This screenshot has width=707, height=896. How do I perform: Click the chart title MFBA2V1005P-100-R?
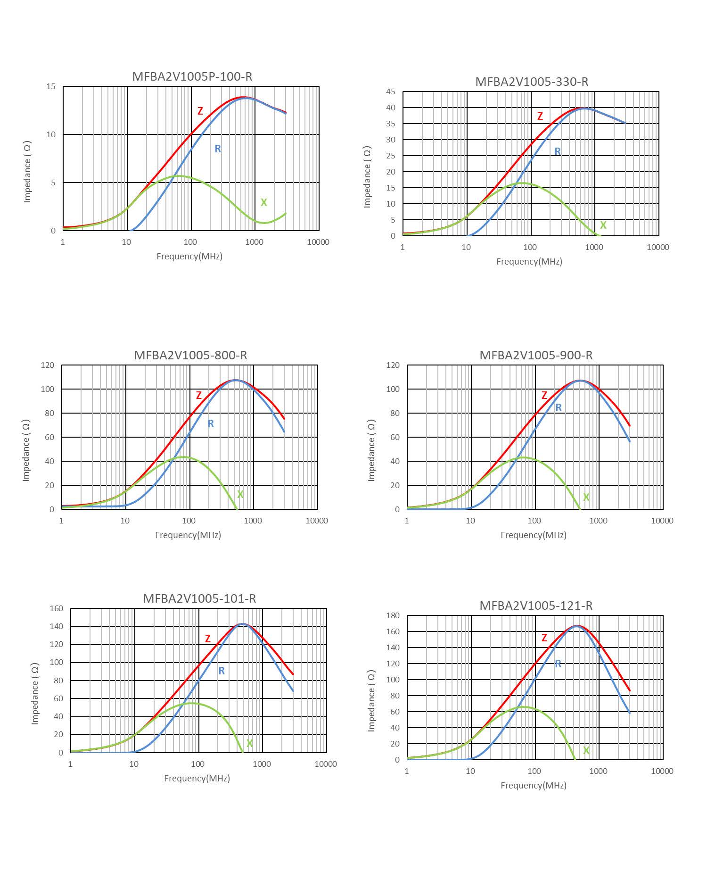(x=192, y=76)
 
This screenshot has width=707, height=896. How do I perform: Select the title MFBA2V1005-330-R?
(x=532, y=82)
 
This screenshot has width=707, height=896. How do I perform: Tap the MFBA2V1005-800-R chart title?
(x=190, y=355)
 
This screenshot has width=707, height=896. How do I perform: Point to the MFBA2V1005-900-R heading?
(x=536, y=355)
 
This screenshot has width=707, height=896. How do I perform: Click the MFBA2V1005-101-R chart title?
(x=199, y=598)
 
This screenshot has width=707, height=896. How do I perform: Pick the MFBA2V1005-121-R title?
(x=536, y=606)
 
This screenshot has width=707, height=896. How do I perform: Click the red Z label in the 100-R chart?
(x=200, y=111)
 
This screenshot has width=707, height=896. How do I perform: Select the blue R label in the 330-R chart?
(x=558, y=151)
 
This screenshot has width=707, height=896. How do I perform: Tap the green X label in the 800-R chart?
(x=240, y=494)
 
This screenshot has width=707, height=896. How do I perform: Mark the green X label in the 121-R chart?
(x=586, y=750)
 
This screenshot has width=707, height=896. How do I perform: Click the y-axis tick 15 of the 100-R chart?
(x=51, y=86)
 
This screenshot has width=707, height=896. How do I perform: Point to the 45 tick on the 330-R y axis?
(x=391, y=91)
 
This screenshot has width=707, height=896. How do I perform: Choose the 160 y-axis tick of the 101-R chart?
(x=57, y=608)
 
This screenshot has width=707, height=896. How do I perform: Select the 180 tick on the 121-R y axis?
(x=393, y=615)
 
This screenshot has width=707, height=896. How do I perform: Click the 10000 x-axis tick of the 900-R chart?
(x=662, y=521)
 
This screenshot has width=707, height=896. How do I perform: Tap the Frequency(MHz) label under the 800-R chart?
(x=188, y=535)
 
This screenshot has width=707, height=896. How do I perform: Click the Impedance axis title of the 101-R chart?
(x=34, y=693)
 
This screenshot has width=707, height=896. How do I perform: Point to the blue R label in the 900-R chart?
(x=559, y=407)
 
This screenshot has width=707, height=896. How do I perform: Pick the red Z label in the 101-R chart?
(x=208, y=639)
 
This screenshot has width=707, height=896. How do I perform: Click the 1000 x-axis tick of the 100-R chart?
(x=254, y=242)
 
